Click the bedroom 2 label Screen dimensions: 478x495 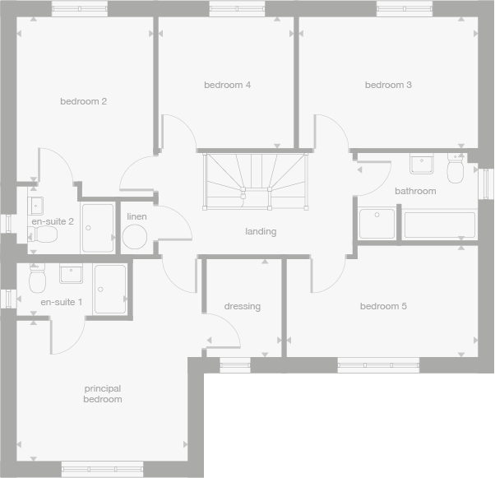83,102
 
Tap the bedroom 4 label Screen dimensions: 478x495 227,85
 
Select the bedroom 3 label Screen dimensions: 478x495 388,85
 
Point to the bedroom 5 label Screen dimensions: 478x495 383,307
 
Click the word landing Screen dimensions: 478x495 261,231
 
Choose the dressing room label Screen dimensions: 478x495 242,307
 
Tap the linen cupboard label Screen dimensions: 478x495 136,216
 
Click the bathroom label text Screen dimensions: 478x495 415,191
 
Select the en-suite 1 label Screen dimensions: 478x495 62,302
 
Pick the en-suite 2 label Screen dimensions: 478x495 53,221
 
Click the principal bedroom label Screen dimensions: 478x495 102,394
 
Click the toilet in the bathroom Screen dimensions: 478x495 455,170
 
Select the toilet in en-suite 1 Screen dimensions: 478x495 36,281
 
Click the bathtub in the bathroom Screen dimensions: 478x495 438,225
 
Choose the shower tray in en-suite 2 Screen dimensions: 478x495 98,228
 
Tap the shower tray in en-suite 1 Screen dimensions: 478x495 109,289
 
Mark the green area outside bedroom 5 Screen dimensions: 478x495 349,425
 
